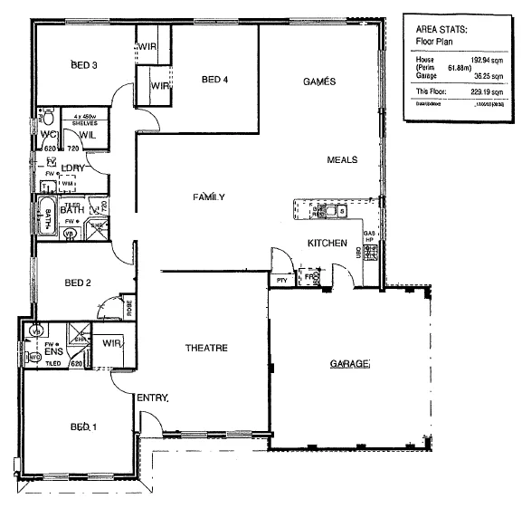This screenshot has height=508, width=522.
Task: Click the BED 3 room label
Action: (83, 64)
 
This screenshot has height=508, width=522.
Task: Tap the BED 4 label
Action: (214, 80)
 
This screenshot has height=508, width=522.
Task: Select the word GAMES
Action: (318, 81)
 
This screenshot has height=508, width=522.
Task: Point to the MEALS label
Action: (342, 159)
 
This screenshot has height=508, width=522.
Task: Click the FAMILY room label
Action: (209, 196)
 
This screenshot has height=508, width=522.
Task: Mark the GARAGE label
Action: (349, 363)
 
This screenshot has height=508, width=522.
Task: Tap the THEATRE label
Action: (205, 349)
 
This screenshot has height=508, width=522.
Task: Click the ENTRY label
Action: (153, 398)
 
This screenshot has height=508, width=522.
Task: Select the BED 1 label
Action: (83, 427)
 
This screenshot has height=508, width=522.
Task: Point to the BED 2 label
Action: (78, 283)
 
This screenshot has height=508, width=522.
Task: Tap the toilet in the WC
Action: (52, 119)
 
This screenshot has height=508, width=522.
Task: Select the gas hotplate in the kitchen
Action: (369, 239)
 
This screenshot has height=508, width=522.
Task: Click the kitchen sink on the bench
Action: (332, 213)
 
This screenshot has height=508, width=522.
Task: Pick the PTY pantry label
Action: (281, 281)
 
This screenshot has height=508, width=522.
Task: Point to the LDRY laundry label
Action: (72, 168)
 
